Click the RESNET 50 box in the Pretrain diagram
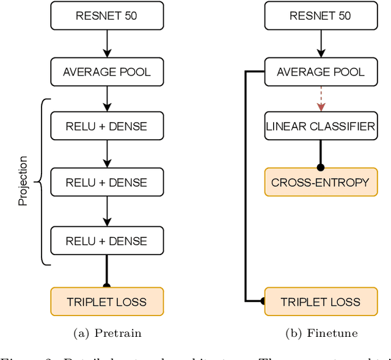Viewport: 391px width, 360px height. pyautogui.click(x=106, y=16)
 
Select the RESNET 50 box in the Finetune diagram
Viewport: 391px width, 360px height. pyautogui.click(x=321, y=16)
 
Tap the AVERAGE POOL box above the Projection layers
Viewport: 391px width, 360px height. pyautogui.click(x=106, y=72)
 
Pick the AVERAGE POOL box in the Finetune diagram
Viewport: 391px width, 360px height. pyautogui.click(x=321, y=72)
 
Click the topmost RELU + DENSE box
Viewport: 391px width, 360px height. pyautogui.click(x=106, y=127)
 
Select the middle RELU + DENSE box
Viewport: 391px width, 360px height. pyautogui.click(x=106, y=182)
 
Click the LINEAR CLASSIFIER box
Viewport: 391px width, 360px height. pyautogui.click(x=321, y=127)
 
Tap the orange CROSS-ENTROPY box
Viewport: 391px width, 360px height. pyautogui.click(x=321, y=182)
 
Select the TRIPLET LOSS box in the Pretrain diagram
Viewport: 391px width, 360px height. pyautogui.click(x=106, y=301)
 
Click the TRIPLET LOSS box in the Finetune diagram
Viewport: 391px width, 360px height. pyautogui.click(x=321, y=301)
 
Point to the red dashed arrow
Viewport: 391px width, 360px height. pyautogui.click(x=321, y=99)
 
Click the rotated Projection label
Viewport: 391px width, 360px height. pyautogui.click(x=23, y=181)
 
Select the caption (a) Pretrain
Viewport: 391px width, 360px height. pyautogui.click(x=106, y=333)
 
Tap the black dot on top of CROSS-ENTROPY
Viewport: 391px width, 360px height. pyautogui.click(x=321, y=167)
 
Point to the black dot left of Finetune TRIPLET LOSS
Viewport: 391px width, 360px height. pyautogui.click(x=263, y=301)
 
